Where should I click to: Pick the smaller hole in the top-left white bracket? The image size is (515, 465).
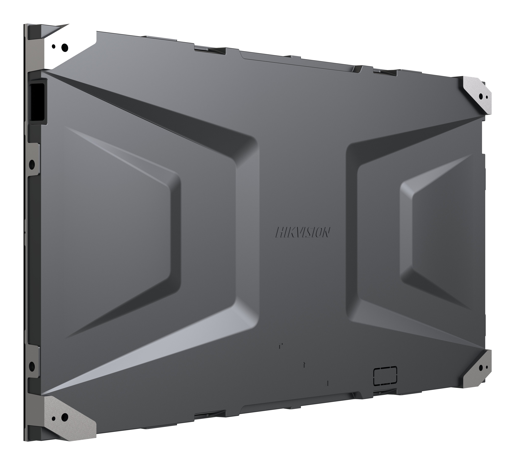[x=54, y=46]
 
